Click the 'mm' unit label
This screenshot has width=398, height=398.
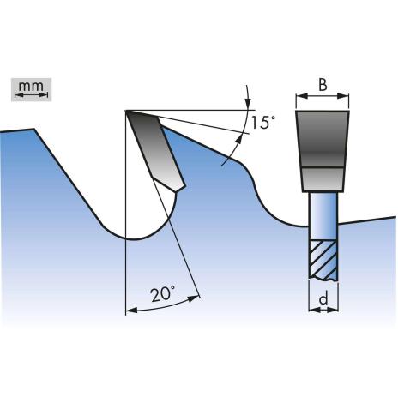(31, 86)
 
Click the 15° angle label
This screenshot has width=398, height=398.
(263, 123)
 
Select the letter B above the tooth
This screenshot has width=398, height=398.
(323, 85)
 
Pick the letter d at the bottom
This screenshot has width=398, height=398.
(323, 299)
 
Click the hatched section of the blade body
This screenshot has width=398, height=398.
(323, 259)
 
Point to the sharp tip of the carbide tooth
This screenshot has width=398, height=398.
(126, 111)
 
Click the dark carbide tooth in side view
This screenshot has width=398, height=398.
(154, 148)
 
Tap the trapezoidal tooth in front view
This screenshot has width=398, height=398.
(323, 151)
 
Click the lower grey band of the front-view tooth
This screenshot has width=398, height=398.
(323, 179)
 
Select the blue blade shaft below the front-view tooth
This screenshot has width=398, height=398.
(323, 216)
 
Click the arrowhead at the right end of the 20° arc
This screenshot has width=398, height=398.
(194, 298)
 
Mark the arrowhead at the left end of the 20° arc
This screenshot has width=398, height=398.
(131, 311)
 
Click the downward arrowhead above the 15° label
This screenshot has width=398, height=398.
(248, 104)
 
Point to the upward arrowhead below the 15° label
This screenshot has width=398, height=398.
(238, 141)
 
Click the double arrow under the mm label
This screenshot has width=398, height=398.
(31, 95)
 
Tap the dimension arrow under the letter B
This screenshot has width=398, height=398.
(323, 97)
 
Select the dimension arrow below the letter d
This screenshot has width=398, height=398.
(323, 310)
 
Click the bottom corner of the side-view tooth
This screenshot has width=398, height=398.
(178, 191)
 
